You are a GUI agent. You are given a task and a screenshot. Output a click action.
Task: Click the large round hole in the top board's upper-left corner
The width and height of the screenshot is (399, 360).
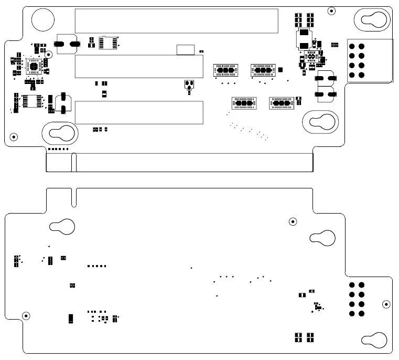pyautogui.click(x=42, y=19)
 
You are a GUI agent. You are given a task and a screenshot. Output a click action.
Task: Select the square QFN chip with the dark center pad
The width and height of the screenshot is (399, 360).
pyautogui.click(x=35, y=66)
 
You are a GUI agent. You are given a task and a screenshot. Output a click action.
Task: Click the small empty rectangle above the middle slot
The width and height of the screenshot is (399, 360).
pyautogui.click(x=185, y=50)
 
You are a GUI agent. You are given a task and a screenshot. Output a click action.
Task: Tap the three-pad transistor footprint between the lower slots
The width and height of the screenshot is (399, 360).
pyautogui.click(x=189, y=85)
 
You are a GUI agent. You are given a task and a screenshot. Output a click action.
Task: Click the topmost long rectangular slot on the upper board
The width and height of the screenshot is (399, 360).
pyautogui.click(x=176, y=20)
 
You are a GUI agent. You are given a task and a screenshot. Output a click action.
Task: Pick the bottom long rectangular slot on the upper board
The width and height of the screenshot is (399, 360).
pyautogui.click(x=138, y=113)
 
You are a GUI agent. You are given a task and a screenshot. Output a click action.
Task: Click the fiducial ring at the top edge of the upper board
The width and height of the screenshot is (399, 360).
pyautogui.click(x=331, y=10)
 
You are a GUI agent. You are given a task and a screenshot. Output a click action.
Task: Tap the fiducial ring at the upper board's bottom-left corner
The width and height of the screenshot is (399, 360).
pyautogui.click(x=14, y=137)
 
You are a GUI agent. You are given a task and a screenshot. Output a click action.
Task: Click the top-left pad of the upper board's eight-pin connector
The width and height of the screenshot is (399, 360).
pyautogui.click(x=352, y=46)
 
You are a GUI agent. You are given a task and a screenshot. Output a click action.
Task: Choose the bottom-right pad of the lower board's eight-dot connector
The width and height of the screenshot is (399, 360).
pyautogui.click(x=361, y=314)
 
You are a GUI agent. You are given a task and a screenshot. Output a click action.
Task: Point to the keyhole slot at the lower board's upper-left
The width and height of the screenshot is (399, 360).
pyautogui.click(x=62, y=227)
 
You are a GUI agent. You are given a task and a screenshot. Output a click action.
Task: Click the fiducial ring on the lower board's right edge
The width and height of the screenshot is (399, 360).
pyautogui.click(x=386, y=304)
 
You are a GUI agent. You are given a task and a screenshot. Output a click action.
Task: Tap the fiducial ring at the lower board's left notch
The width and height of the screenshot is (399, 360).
pyautogui.click(x=25, y=315)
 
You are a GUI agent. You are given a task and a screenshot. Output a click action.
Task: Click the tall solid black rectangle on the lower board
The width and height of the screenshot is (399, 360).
pyautogui.click(x=70, y=318)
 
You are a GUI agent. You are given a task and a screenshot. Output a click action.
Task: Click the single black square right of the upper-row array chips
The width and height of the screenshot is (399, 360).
pyautogui.click(x=281, y=69)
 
